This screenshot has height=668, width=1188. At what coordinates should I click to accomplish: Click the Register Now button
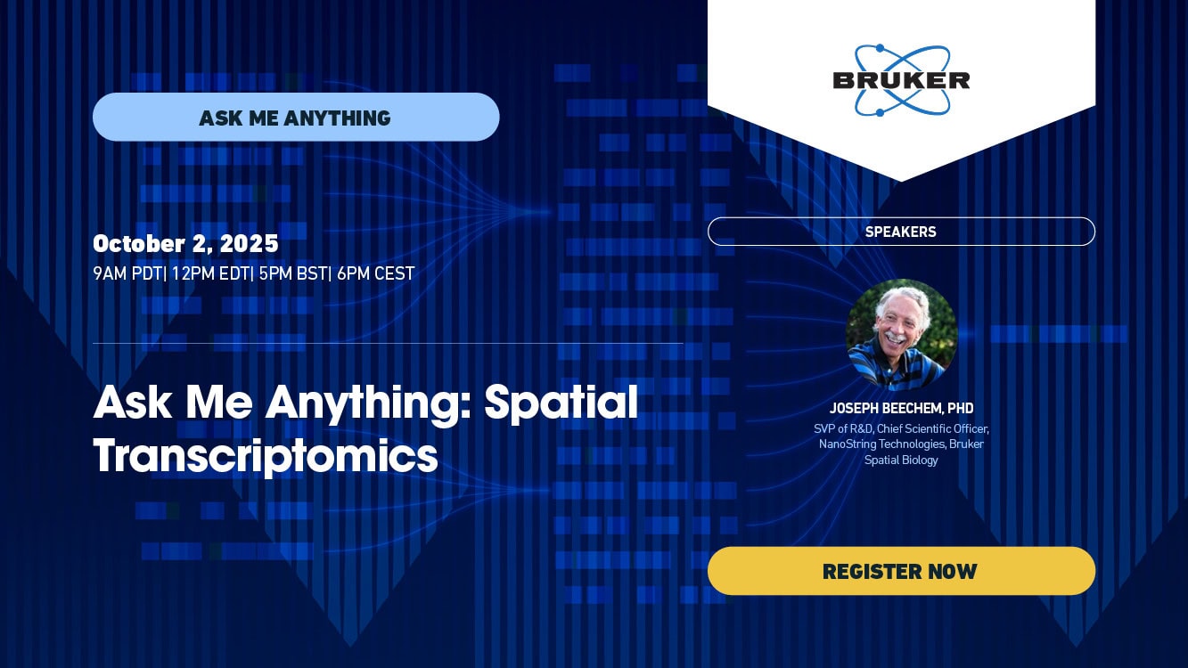901,571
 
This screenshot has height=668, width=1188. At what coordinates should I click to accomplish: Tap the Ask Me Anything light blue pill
296,117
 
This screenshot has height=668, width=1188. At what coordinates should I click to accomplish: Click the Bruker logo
901,80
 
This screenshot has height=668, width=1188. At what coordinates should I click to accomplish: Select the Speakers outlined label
901,232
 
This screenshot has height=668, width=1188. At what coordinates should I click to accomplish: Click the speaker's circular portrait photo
901,335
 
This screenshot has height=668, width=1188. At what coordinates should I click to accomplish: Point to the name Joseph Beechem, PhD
901,408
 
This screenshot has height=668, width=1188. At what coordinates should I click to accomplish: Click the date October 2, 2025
185,244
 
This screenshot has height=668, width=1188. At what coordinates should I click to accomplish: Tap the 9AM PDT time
127,273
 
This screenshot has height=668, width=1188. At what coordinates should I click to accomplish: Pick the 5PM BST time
292,273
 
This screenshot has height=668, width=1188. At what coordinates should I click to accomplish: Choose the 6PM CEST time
375,273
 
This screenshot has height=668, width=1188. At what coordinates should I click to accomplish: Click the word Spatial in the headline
561,403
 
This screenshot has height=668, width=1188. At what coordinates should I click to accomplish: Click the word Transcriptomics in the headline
266,456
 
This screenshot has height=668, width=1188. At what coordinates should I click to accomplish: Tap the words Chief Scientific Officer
933,429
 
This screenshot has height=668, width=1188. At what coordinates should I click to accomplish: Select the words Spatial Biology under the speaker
901,460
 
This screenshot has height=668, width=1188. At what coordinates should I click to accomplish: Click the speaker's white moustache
896,338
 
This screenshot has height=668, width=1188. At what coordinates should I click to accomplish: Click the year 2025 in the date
249,244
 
